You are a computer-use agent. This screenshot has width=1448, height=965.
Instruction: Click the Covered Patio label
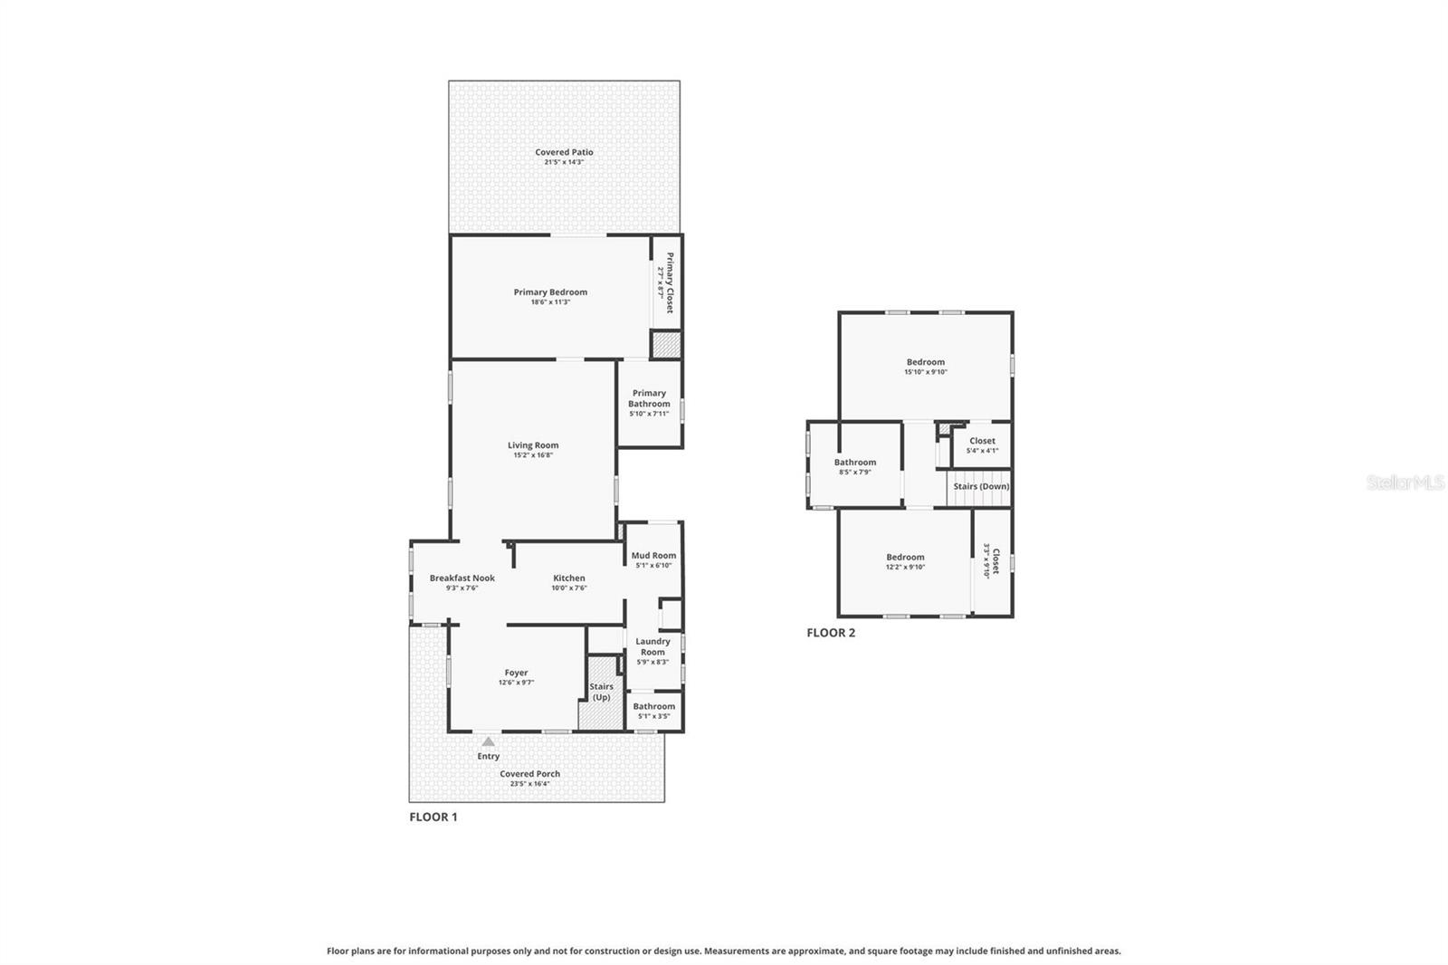pos(564,152)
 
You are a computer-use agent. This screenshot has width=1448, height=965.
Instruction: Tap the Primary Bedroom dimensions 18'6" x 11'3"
pos(550,302)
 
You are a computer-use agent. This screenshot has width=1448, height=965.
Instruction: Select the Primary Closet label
pos(669,283)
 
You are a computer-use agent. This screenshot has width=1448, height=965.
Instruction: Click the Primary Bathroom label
pos(649,398)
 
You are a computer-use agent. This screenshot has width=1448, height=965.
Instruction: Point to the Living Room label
pos(532,445)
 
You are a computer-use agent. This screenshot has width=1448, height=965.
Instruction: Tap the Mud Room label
pos(653,556)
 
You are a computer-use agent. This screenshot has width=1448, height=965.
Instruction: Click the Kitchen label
pos(568,578)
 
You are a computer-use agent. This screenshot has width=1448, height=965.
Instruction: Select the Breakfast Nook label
pos(462,578)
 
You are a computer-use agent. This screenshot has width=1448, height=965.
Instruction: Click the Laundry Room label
pos(653,646)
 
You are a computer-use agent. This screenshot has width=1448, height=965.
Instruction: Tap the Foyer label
pos(516,673)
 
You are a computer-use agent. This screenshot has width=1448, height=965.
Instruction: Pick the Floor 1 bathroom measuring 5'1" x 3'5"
pos(653,711)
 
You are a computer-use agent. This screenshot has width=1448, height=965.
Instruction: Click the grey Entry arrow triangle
pos(488,741)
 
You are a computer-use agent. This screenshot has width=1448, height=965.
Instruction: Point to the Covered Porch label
pos(529,774)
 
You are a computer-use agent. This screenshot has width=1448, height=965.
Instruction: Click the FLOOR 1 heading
pos(433,817)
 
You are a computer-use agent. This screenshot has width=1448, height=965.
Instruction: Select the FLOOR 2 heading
pos(830,633)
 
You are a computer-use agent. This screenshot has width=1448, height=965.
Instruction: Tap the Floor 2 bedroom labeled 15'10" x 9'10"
pos(925,367)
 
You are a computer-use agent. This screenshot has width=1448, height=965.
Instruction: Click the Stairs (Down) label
pos(981,486)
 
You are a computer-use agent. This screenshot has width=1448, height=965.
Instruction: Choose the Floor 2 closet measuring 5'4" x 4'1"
pos(982,445)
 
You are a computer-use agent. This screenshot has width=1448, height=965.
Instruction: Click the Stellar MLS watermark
pos(1405,482)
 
